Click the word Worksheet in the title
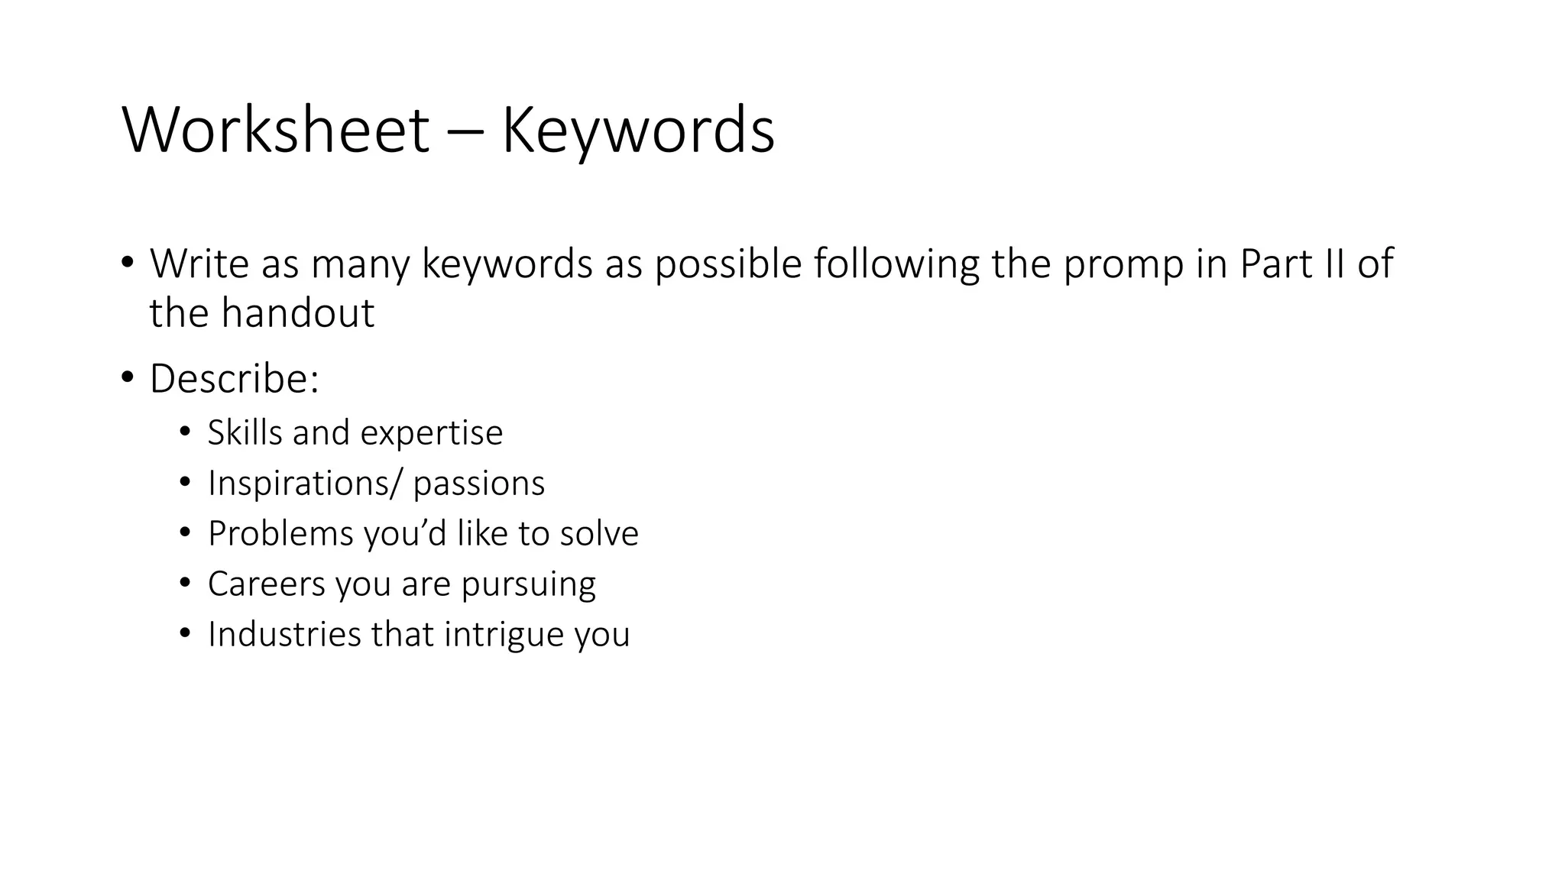click(x=275, y=131)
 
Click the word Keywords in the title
click(x=638, y=131)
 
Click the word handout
click(x=298, y=313)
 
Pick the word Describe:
click(x=234, y=379)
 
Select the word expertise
click(x=432, y=434)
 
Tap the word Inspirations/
click(x=306, y=484)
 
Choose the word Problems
click(x=280, y=534)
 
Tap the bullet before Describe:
click(x=127, y=377)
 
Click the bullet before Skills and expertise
click(x=184, y=432)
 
